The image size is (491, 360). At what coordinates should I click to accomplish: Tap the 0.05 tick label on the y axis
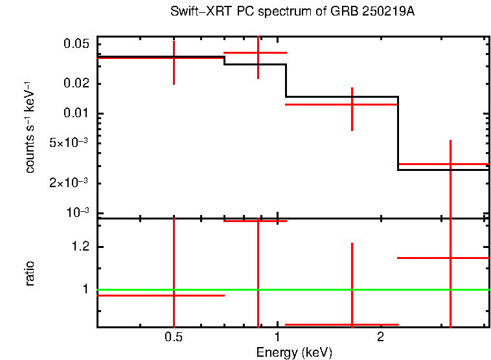(x=75, y=45)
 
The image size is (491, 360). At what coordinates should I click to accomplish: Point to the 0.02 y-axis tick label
(x=75, y=84)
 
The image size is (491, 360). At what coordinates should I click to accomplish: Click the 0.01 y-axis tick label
(x=75, y=114)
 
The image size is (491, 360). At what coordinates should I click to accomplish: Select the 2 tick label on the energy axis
(x=380, y=337)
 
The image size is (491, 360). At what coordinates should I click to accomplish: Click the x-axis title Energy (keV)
(x=294, y=353)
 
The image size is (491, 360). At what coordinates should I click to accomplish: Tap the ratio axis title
(x=30, y=273)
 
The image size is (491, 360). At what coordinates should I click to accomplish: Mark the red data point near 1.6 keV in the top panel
(x=352, y=104)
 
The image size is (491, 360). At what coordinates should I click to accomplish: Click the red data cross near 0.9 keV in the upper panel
(x=258, y=52)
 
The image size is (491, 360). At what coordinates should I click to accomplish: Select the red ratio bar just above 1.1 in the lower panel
(x=443, y=258)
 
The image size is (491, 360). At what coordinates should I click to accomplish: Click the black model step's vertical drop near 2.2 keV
(x=398, y=133)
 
